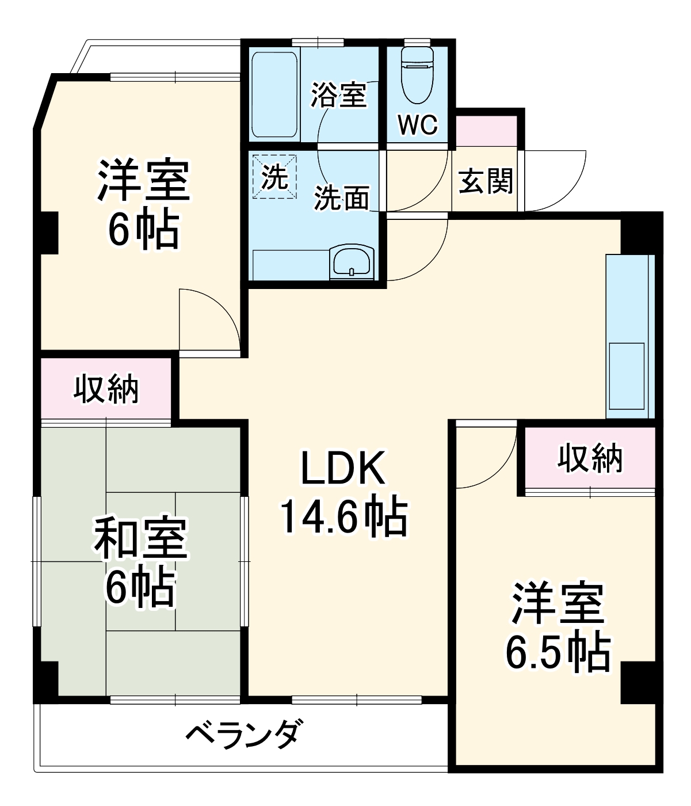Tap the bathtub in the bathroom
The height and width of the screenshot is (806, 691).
274,95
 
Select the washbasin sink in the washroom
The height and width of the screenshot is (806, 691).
352,262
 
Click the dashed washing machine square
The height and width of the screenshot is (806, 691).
275,176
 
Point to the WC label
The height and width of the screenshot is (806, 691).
418,124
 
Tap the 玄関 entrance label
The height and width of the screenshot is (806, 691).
485,183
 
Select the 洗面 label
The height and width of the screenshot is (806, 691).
341,198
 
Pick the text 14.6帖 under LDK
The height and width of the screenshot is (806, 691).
343,516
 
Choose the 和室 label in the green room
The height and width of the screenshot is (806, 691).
140,538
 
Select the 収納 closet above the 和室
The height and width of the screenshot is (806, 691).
106,390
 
